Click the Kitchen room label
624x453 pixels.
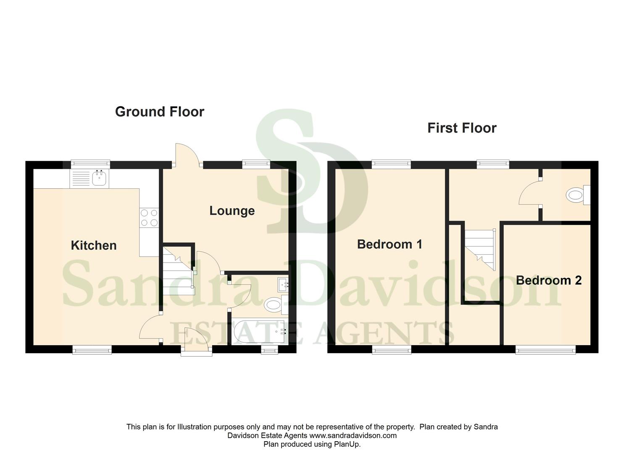93,245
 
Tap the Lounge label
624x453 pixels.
232,211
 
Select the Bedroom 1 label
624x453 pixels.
390,244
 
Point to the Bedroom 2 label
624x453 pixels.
548,280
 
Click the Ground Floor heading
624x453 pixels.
159,112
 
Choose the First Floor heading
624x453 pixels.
462,128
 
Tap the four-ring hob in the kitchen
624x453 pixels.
149,218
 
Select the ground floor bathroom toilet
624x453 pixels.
274,305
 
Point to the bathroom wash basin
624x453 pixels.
283,284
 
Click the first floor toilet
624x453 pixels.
576,195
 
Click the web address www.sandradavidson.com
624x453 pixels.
353,435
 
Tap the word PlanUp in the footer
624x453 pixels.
346,444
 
